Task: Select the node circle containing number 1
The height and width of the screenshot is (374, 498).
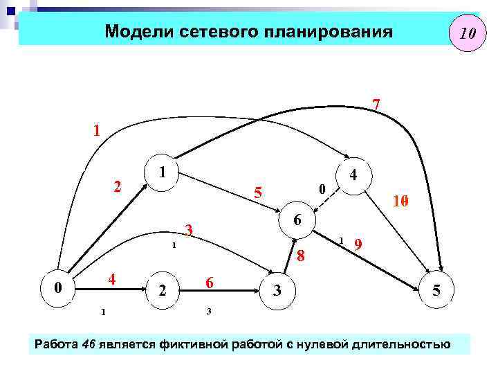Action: point(160,170)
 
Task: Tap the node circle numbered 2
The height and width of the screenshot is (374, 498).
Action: point(163,290)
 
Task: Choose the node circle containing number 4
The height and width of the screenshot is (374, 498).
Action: point(353,175)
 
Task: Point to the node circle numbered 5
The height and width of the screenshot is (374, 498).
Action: point(436,291)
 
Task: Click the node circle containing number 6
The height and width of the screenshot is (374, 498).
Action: point(297,220)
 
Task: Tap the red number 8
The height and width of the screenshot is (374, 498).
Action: point(300,257)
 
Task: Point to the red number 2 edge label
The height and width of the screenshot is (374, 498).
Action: point(118,186)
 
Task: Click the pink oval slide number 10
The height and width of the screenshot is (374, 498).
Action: point(465,33)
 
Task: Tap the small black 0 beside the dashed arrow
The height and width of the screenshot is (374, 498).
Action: point(321,188)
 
